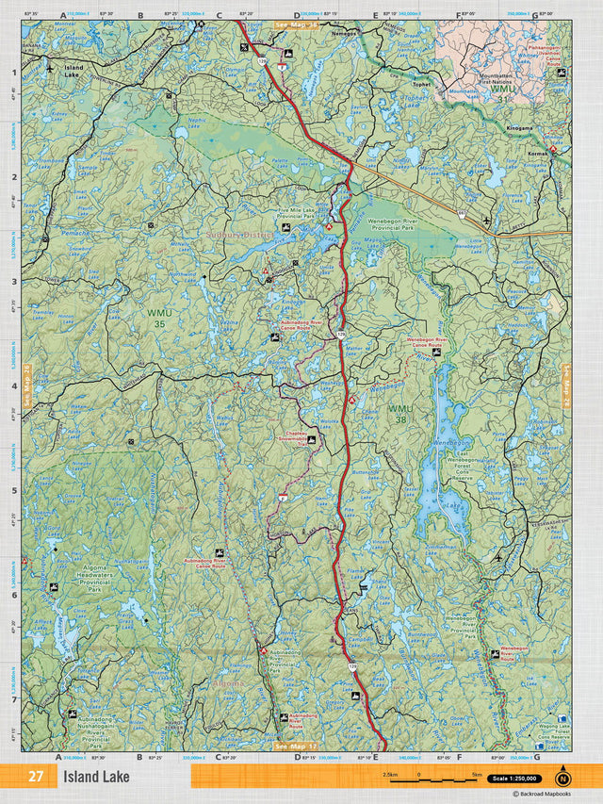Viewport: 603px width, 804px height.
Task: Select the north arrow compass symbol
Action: pyautogui.click(x=563, y=778)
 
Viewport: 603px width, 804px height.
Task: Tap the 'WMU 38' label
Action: pyautogui.click(x=399, y=413)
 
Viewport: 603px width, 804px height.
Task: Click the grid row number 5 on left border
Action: pyautogui.click(x=13, y=490)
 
